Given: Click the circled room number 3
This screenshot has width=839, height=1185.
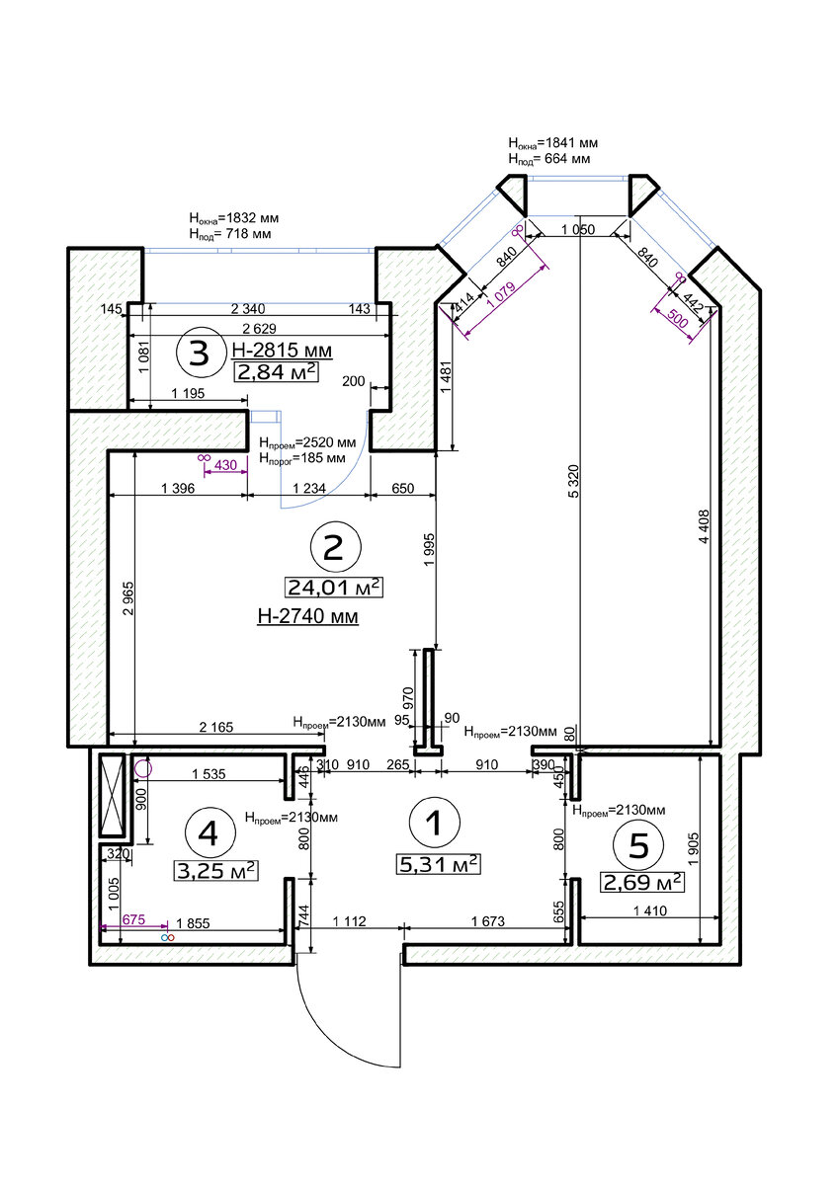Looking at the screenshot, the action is pyautogui.click(x=200, y=353).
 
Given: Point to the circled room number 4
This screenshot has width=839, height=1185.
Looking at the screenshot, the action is pyautogui.click(x=210, y=834).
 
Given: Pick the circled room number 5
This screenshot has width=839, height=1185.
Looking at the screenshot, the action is pyautogui.click(x=638, y=845).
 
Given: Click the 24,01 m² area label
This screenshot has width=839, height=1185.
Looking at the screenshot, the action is pyautogui.click(x=333, y=588).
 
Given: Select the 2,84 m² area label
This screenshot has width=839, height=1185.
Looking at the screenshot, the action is pyautogui.click(x=277, y=372).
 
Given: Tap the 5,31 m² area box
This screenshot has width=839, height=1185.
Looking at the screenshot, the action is pyautogui.click(x=439, y=864).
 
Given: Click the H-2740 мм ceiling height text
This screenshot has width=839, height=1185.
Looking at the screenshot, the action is pyautogui.click(x=307, y=616).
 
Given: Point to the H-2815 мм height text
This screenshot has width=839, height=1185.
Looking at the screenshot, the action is pyautogui.click(x=282, y=351).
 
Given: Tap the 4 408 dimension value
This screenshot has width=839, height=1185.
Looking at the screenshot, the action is pyautogui.click(x=704, y=526).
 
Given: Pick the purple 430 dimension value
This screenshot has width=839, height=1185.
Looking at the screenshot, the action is pyautogui.click(x=226, y=465).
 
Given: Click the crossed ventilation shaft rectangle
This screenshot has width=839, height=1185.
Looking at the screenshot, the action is pyautogui.click(x=112, y=795).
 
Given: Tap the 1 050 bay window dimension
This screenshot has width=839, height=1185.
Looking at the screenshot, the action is pyautogui.click(x=578, y=229).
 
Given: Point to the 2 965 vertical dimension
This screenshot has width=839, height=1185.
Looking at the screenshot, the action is pyautogui.click(x=127, y=598).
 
